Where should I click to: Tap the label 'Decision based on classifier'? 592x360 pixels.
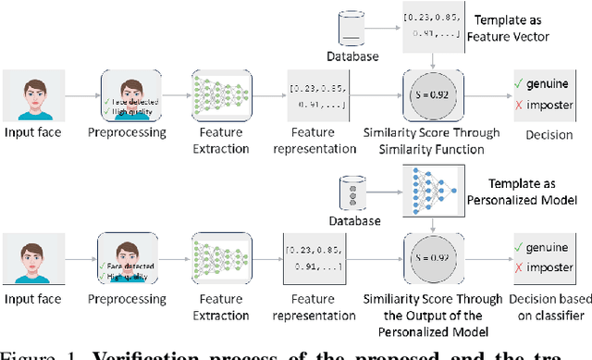pyautogui.click(x=545, y=308)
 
